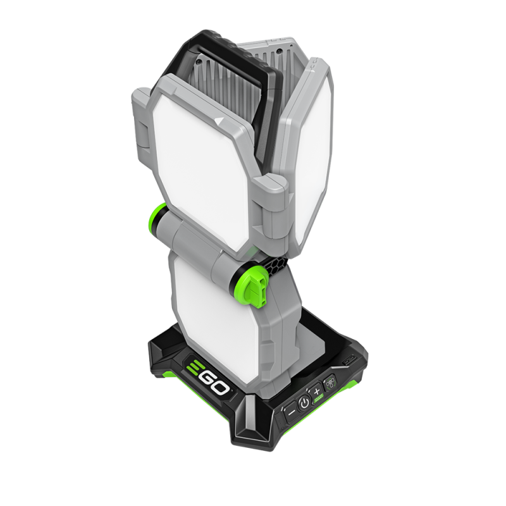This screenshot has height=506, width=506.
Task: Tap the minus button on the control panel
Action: tap(291, 412)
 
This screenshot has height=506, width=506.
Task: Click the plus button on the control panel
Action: tap(317, 392)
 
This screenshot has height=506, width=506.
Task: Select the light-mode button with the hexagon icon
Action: tap(330, 383)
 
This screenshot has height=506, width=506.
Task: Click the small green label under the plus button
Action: tap(319, 400)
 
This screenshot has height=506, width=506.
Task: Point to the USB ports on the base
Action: tap(350, 360)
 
